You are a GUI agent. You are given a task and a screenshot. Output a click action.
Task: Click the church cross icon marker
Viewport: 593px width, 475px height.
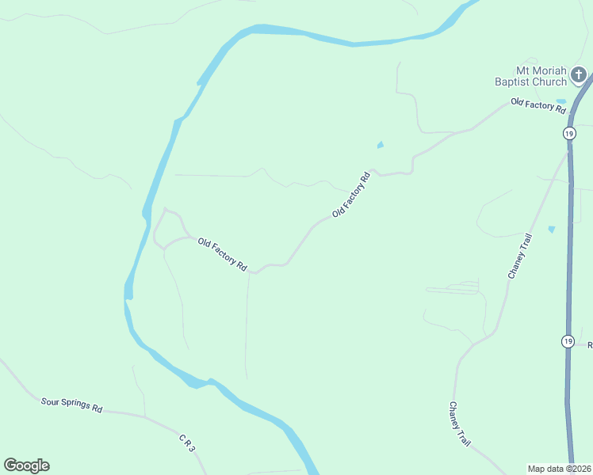(x=580, y=76)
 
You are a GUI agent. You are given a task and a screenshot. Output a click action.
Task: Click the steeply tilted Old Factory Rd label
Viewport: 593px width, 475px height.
(x=352, y=195)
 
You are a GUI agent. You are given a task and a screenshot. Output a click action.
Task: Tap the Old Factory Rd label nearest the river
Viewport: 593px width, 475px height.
(x=222, y=256)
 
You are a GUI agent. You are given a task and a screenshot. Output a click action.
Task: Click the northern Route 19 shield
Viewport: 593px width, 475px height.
(x=569, y=133)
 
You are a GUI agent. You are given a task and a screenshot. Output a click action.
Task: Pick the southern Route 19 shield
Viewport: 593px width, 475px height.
(x=568, y=341)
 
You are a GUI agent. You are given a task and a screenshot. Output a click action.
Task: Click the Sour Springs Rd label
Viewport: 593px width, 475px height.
(x=72, y=405)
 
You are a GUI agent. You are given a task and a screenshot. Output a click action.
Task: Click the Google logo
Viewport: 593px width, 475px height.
(x=26, y=465)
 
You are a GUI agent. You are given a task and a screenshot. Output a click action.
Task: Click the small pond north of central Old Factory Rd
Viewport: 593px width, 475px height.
(x=381, y=145)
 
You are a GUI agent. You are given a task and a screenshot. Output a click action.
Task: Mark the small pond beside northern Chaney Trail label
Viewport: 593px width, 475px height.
(x=551, y=230)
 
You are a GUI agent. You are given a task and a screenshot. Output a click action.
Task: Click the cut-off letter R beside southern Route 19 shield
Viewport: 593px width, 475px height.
(x=589, y=344)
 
